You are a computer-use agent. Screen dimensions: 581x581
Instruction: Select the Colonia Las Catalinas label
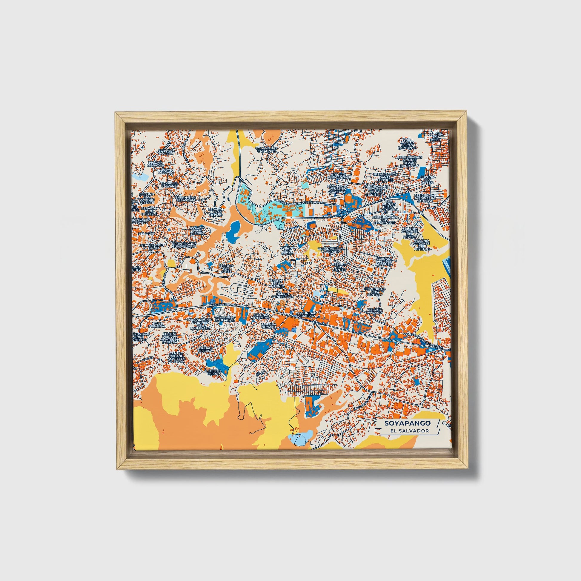265,150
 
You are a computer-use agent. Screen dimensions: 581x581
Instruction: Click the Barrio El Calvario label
170,184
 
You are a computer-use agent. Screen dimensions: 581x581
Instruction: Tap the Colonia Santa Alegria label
197,230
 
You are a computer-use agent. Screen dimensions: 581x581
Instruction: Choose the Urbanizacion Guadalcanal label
184,245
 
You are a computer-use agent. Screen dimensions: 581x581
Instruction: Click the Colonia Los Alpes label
226,268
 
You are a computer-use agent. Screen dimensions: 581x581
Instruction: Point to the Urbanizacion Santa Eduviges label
385,177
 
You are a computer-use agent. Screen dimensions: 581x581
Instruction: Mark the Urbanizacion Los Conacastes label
385,220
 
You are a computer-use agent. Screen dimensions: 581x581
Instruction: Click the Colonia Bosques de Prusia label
384,262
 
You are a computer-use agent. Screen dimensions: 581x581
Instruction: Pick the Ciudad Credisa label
206,349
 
